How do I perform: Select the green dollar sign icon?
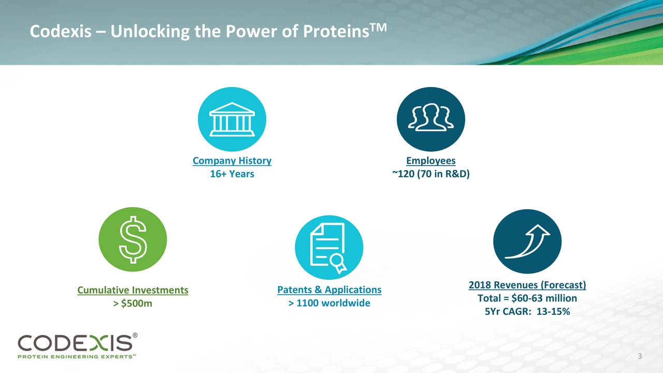(x=133, y=239)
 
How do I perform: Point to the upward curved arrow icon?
(x=527, y=241)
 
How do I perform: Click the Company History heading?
(x=232, y=161)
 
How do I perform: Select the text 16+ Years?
(x=232, y=174)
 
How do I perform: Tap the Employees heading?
(x=431, y=161)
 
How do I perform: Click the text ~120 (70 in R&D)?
(x=431, y=174)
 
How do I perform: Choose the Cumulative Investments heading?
(x=133, y=290)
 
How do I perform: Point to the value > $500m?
(x=133, y=304)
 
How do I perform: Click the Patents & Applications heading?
(x=329, y=290)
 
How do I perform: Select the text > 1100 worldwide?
(x=329, y=303)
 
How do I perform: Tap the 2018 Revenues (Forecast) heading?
(x=527, y=285)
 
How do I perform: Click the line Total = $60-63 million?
(x=527, y=298)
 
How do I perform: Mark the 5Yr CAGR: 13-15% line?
(x=527, y=312)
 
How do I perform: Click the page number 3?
(x=640, y=356)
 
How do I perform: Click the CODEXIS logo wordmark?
(x=75, y=343)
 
